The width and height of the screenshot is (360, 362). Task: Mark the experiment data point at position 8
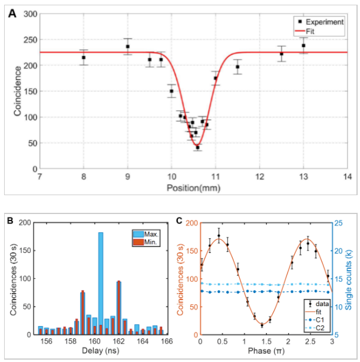[x=84, y=57]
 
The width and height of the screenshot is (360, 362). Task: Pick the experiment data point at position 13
[x=303, y=45]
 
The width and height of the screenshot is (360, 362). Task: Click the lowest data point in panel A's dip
[x=197, y=147]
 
